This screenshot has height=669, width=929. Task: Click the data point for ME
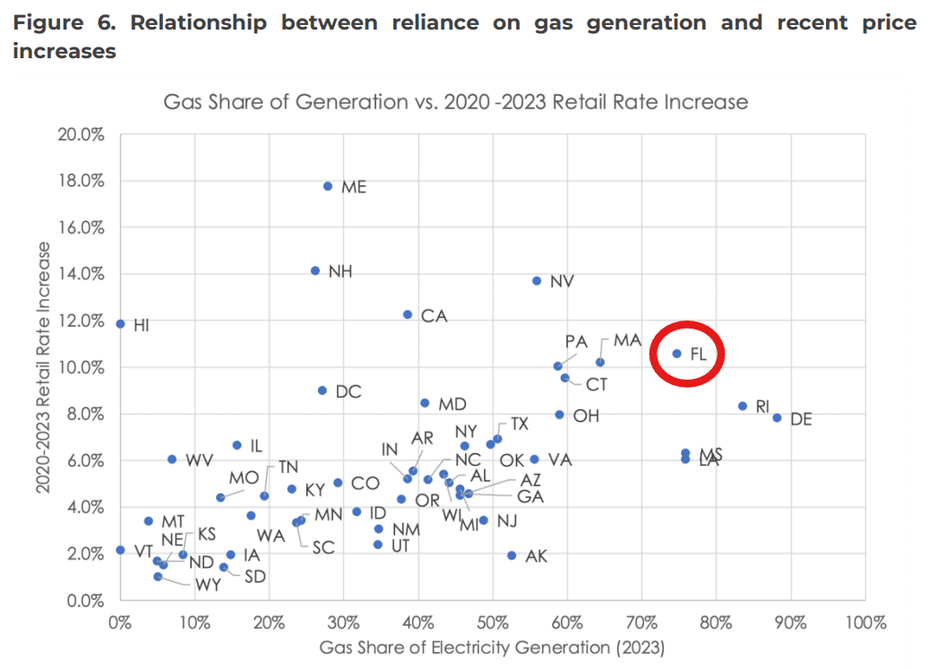click(328, 186)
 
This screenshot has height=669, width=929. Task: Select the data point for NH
click(315, 270)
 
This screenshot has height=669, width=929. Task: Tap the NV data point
click(537, 280)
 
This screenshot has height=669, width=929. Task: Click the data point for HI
click(120, 323)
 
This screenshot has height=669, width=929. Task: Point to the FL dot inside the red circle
click(677, 354)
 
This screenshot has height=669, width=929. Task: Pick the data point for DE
click(778, 418)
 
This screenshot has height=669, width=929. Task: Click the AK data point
click(512, 555)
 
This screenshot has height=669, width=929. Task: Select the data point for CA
click(408, 314)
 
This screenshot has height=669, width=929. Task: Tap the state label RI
click(762, 407)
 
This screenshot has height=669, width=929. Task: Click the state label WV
click(199, 460)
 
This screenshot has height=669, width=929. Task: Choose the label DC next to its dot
click(348, 391)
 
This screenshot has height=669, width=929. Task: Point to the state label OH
click(586, 416)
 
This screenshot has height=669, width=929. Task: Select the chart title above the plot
click(455, 101)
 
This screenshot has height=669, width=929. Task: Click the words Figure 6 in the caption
click(65, 23)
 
